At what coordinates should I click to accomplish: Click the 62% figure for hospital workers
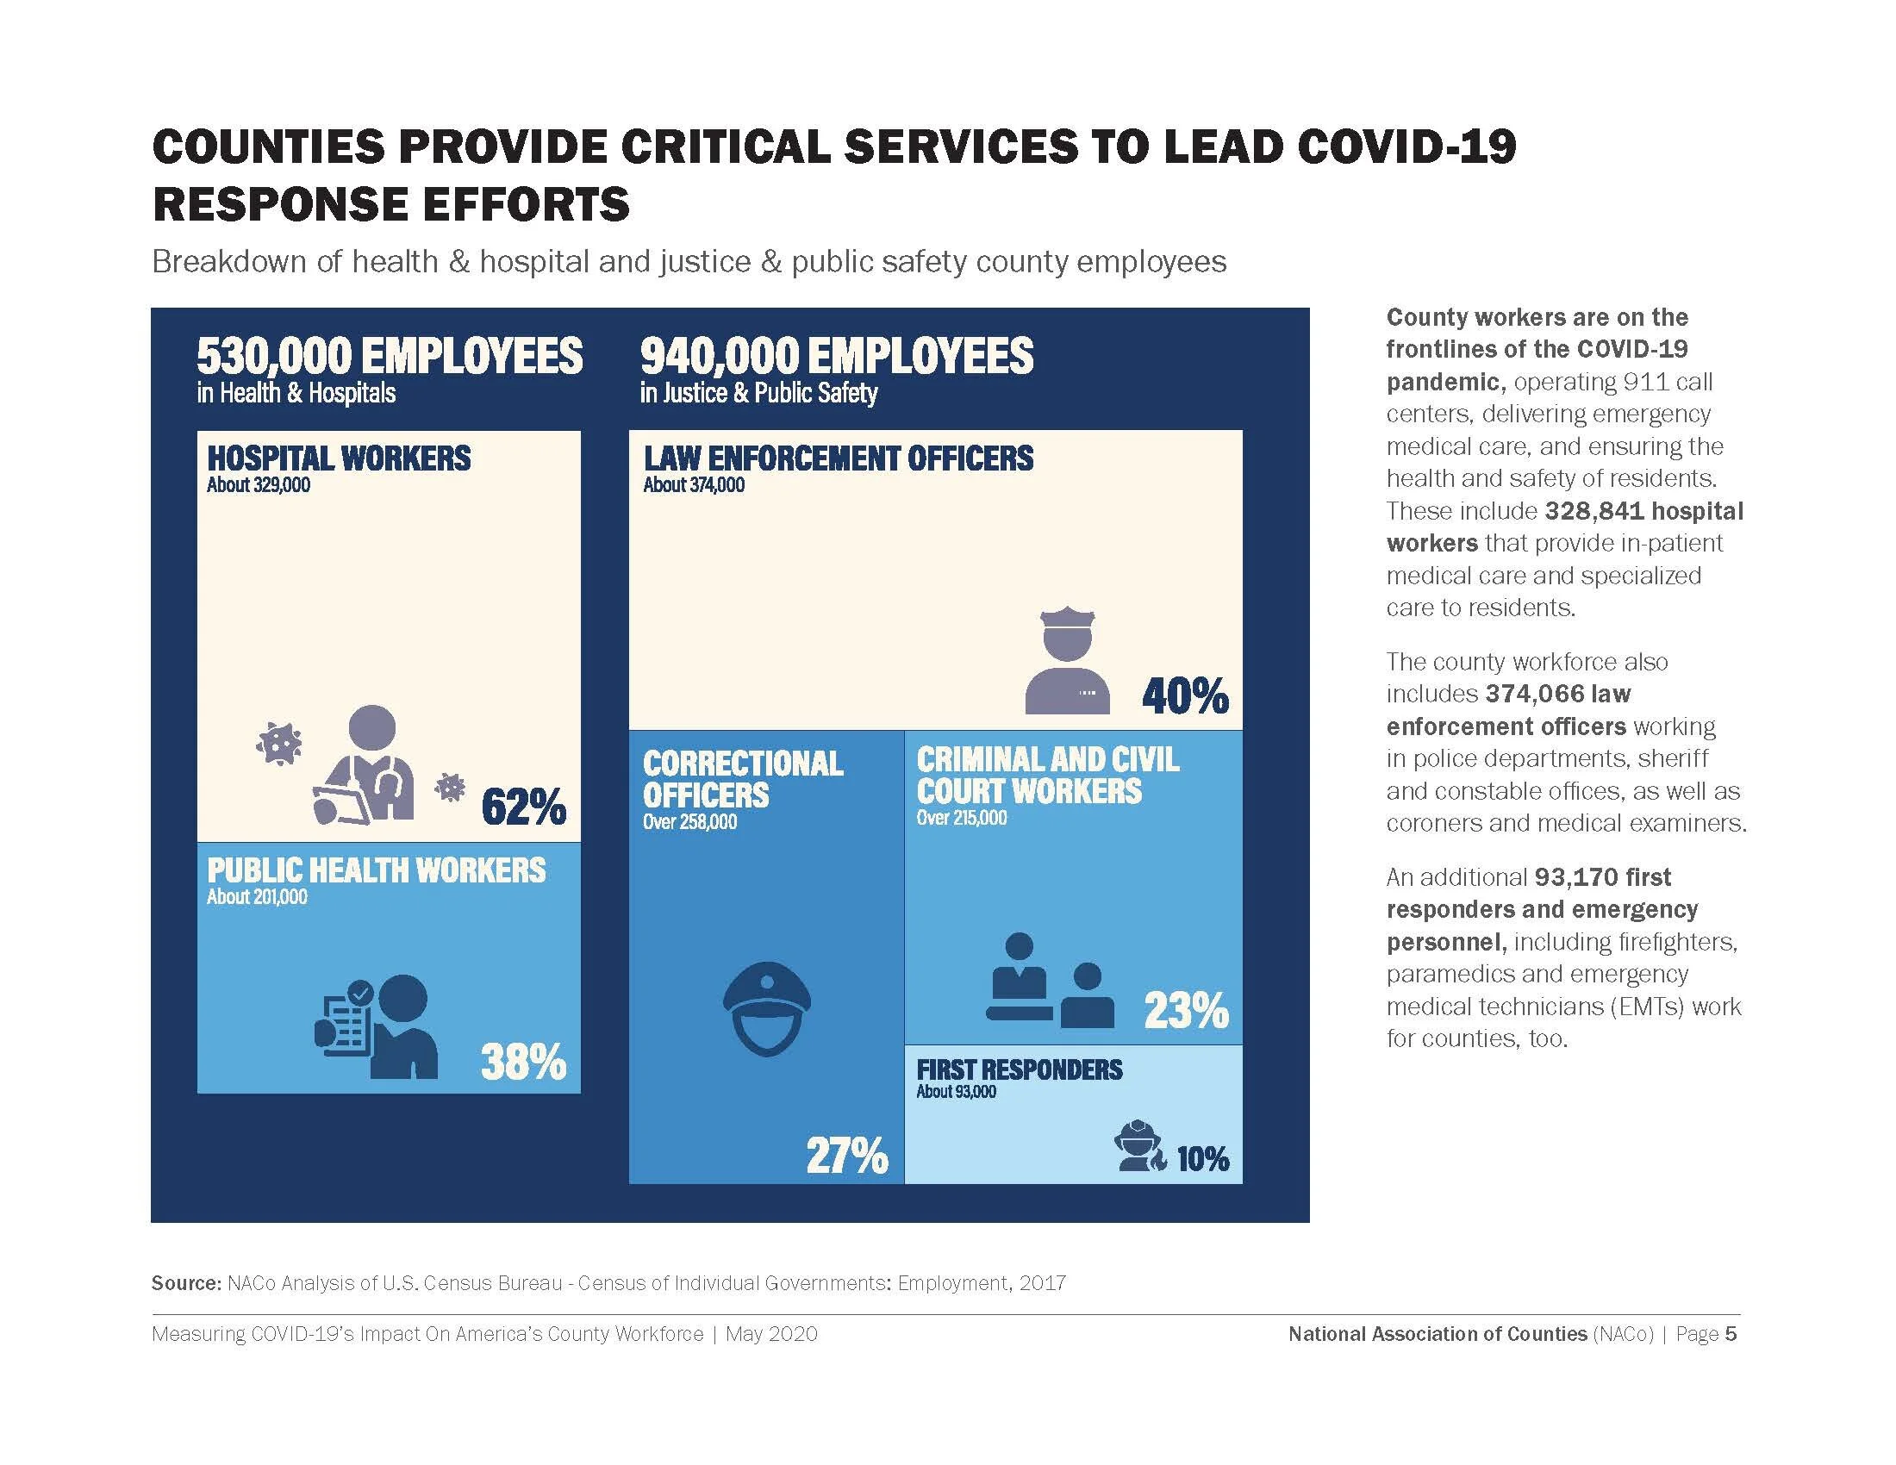click(523, 808)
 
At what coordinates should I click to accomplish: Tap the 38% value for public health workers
click(523, 1063)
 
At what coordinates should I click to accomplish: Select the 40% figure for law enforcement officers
click(1185, 696)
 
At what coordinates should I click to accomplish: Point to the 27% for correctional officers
click(847, 1156)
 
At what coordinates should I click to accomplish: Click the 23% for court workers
click(1186, 1011)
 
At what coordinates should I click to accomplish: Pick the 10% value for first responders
click(1203, 1159)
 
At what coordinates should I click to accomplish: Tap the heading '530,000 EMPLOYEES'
click(390, 356)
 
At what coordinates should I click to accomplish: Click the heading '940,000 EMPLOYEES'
click(837, 356)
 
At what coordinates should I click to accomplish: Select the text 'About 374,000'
click(694, 485)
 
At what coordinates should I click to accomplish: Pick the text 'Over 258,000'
click(689, 822)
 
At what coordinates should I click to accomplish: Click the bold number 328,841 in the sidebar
click(1594, 511)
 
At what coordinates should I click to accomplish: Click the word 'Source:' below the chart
click(187, 1283)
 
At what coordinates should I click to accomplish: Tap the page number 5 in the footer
click(1731, 1334)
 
